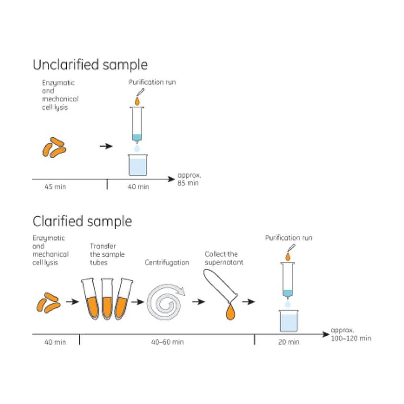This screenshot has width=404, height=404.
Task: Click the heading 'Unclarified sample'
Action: click(90, 65)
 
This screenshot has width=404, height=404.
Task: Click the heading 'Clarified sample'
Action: click(82, 221)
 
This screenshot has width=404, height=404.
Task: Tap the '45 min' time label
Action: click(55, 187)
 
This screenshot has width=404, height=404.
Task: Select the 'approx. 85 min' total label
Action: click(189, 179)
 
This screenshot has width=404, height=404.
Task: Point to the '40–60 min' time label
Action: click(167, 342)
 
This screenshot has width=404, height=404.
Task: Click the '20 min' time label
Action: click(288, 342)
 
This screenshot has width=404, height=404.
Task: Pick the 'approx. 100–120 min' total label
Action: click(351, 335)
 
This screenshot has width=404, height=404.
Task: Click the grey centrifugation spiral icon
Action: click(165, 302)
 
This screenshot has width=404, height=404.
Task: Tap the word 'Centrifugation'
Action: click(167, 263)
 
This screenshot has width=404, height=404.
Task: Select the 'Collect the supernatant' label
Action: click(224, 258)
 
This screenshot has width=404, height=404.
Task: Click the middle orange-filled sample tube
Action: click(107, 299)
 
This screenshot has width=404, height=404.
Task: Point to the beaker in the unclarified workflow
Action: click(138, 165)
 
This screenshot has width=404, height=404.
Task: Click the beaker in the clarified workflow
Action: click(288, 321)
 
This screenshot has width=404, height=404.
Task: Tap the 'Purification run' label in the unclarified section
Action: click(152, 82)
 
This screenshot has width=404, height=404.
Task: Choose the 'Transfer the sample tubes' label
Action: click(107, 254)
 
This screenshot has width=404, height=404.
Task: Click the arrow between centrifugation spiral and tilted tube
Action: click(199, 301)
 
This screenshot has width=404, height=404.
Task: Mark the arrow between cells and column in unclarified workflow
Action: click(106, 146)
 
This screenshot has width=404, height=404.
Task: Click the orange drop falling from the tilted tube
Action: click(230, 312)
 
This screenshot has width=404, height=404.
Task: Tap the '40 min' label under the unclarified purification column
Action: click(138, 187)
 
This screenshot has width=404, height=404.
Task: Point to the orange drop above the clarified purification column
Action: click(288, 257)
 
